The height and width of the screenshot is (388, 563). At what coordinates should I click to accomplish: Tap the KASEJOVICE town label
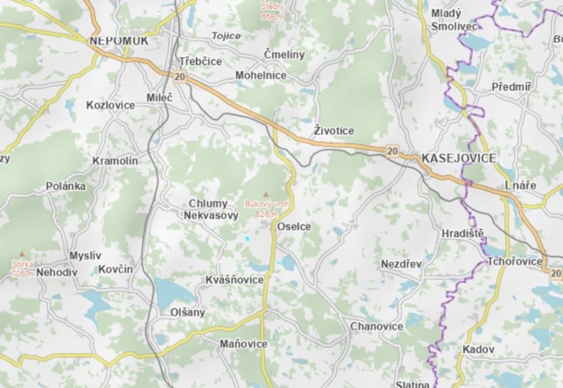459,158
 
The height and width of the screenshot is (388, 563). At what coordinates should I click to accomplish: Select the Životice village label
334,131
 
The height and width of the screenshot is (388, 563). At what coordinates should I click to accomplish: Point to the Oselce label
294,226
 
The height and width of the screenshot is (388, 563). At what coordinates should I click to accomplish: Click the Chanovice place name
376,326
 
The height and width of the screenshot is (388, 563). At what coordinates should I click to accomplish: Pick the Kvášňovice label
235,280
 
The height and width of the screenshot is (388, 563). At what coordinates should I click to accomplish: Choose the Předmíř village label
511,87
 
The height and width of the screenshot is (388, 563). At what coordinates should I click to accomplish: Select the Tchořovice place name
515,262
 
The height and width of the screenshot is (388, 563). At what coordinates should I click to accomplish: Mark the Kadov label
478,349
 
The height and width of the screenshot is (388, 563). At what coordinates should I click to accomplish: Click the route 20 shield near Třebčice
180,76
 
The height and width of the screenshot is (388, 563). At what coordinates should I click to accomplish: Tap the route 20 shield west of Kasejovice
393,152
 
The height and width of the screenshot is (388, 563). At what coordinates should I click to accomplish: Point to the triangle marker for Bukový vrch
265,194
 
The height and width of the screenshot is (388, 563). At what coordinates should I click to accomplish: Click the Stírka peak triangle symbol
21,254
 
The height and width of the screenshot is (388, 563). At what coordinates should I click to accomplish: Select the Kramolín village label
115,161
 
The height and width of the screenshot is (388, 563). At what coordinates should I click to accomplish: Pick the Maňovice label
243,344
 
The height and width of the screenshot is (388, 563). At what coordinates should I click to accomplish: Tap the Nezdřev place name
401,264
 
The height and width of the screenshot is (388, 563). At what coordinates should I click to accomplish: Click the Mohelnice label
261,76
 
